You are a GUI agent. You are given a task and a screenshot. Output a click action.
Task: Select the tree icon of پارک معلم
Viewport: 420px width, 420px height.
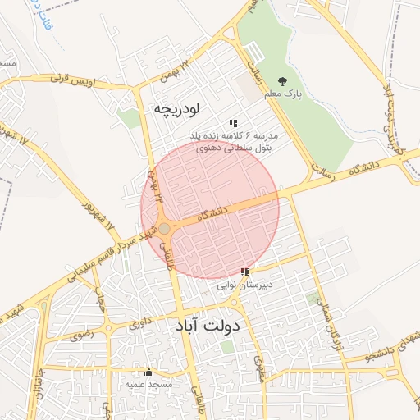click(283, 81)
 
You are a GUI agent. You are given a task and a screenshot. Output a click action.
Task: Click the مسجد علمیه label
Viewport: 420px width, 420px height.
click(148, 384)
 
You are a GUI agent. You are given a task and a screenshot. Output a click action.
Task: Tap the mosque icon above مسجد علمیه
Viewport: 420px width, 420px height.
click(148, 372)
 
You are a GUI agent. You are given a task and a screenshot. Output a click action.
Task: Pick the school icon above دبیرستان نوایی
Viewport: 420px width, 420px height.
click(244, 272)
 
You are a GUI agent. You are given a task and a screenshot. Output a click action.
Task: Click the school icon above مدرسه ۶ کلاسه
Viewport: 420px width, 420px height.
click(233, 122)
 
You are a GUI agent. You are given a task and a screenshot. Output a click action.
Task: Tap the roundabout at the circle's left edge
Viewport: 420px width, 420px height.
click(164, 228)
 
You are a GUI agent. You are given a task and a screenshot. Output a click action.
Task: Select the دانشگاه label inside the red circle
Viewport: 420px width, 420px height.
click(210, 212)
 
